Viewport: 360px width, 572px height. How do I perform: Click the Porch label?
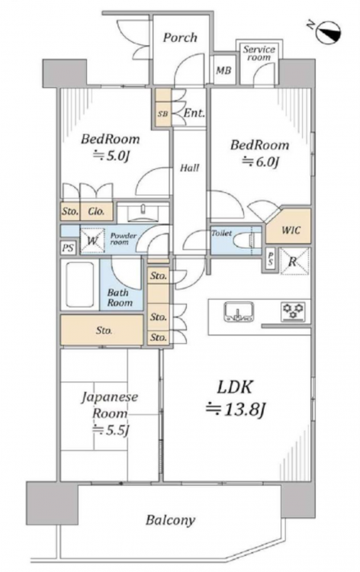pos(180,37)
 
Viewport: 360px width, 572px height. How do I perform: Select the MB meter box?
pos(223,70)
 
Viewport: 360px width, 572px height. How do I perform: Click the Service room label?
pos(259,53)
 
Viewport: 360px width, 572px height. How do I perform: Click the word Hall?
pos(190,168)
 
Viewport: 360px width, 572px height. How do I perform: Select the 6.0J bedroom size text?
pos(260,162)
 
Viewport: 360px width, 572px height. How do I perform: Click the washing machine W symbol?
pos(92,241)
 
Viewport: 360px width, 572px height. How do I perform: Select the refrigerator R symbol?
pos(294,261)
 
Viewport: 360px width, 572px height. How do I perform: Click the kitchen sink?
pos(239,312)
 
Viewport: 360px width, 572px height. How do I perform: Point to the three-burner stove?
pos(293,311)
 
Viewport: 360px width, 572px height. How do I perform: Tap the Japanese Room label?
pos(109,405)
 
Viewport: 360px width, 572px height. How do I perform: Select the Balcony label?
pos(170,520)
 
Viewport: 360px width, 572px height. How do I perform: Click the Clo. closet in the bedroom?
pos(97,211)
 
